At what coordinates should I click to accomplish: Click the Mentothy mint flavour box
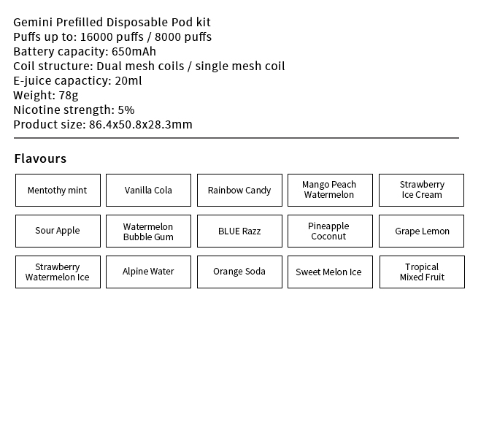pyautogui.click(x=58, y=191)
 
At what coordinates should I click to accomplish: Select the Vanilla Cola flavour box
pyautogui.click(x=148, y=191)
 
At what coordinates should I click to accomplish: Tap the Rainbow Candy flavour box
pyautogui.click(x=239, y=191)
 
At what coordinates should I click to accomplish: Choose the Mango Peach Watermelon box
pyautogui.click(x=330, y=191)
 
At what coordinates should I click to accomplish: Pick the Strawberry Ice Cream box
pyautogui.click(x=422, y=191)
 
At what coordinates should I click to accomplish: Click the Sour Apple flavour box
pyautogui.click(x=58, y=231)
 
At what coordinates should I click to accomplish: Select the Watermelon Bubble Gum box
pyautogui.click(x=148, y=231)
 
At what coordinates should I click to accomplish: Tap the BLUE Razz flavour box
pyautogui.click(x=239, y=231)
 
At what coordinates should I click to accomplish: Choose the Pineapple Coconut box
pyautogui.click(x=330, y=231)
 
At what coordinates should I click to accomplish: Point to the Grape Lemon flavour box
pyautogui.click(x=422, y=231)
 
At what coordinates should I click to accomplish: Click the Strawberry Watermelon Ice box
pyautogui.click(x=58, y=272)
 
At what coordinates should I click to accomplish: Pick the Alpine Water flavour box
pyautogui.click(x=148, y=272)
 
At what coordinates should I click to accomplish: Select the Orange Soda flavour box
pyautogui.click(x=239, y=272)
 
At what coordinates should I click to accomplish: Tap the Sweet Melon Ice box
pyautogui.click(x=330, y=272)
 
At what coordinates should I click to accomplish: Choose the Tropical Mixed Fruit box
pyautogui.click(x=422, y=272)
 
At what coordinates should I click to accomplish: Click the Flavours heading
pyautogui.click(x=40, y=158)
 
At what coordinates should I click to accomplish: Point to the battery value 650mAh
pyautogui.click(x=134, y=52)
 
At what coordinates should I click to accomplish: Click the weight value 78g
pyautogui.click(x=69, y=96)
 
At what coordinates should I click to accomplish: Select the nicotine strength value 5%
pyautogui.click(x=126, y=110)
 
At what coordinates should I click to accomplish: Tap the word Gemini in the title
pyautogui.click(x=32, y=23)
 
